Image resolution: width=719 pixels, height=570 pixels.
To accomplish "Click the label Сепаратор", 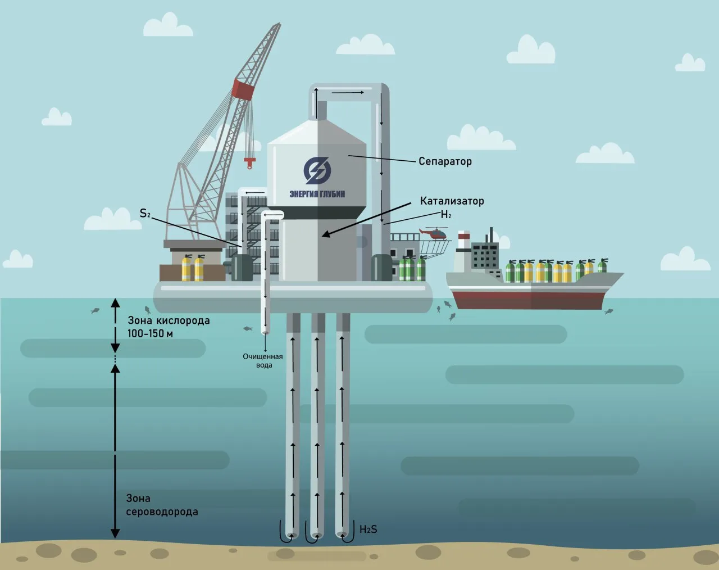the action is tap(445, 161).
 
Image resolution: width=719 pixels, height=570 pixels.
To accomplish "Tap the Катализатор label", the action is tap(452, 201).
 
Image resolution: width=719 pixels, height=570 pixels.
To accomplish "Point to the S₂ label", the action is tap(145, 213).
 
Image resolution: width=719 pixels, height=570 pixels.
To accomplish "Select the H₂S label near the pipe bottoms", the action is tap(368, 529).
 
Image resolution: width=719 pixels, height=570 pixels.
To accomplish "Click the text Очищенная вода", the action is tap(263, 361).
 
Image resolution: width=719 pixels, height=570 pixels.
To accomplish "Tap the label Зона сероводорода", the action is tap(162, 505).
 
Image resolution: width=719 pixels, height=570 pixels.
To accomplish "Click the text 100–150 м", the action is tap(151, 334).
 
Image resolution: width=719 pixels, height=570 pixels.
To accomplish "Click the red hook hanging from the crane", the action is tap(249, 163).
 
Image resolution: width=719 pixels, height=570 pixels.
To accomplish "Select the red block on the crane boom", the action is tap(243, 89).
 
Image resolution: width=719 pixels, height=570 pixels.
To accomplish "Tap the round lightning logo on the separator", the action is tap(317, 170).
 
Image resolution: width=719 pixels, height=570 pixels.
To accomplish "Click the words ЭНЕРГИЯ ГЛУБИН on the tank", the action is tap(317, 194).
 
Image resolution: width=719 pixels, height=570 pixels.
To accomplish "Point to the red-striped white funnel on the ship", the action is tap(463, 239).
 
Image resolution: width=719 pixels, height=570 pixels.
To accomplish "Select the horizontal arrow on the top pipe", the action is tap(348, 92).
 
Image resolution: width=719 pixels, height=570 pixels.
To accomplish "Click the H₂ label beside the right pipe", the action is tap(446, 215).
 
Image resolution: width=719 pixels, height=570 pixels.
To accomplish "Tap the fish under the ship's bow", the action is tap(609, 311).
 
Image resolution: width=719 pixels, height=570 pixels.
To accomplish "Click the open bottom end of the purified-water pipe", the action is tap(265, 332).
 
